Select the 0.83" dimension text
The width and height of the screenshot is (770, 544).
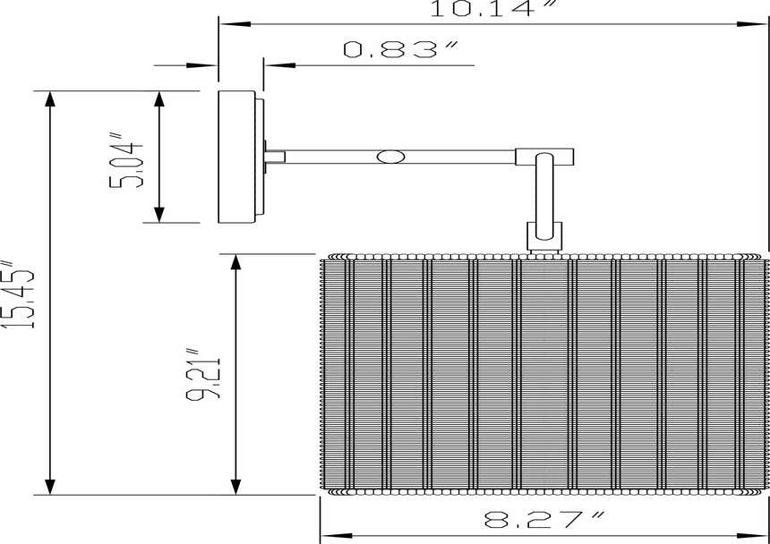pos(400,49)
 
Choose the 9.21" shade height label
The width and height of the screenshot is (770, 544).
pos(203,374)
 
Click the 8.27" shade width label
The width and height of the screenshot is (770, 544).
pos(544,520)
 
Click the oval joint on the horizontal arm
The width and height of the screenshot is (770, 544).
pos(391,157)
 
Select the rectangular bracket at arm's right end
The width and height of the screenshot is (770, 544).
pos(544,157)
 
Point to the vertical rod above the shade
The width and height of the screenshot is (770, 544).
pos(543,197)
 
